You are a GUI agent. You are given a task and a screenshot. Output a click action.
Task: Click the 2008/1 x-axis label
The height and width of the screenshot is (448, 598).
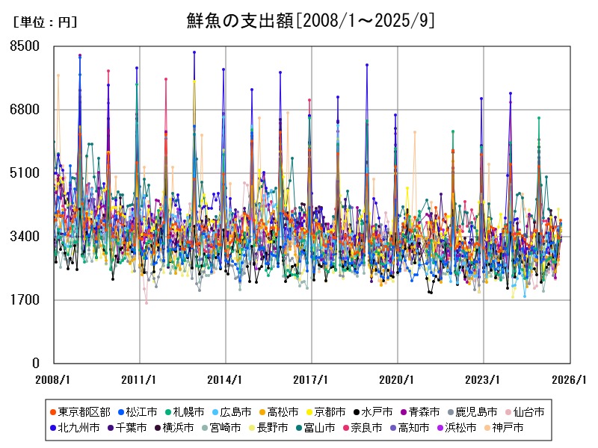pyautogui.click(x=54, y=379)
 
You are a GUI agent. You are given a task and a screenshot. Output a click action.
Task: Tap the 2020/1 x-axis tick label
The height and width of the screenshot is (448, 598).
pyautogui.click(x=397, y=379)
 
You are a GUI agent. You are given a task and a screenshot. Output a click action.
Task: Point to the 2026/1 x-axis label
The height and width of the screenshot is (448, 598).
pyautogui.click(x=569, y=379)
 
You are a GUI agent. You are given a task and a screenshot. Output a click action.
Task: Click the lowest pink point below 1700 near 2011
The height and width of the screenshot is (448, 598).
pyautogui.click(x=147, y=302)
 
